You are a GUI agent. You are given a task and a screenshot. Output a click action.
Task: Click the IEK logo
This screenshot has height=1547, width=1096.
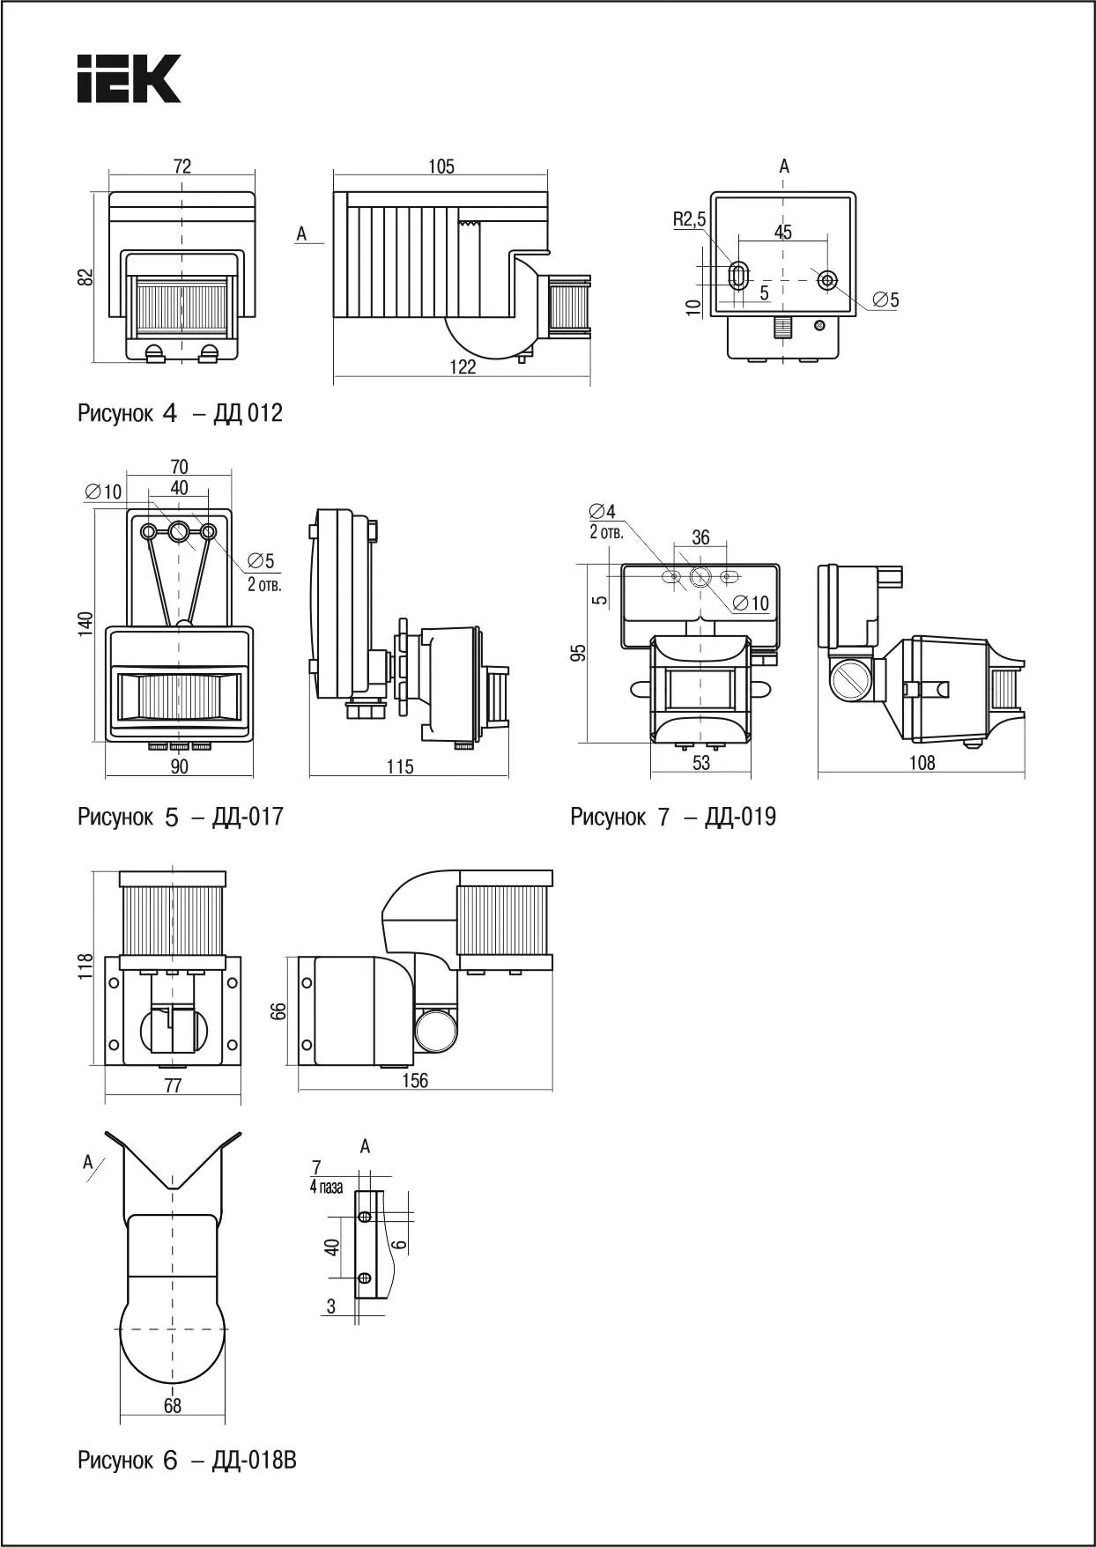click(129, 79)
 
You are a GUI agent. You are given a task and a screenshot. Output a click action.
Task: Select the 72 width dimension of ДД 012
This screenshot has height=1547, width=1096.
click(182, 167)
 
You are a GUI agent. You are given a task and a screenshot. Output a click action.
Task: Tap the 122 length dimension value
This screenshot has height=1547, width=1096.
click(463, 367)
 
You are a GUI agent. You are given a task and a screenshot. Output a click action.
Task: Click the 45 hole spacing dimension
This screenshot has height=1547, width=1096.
click(783, 232)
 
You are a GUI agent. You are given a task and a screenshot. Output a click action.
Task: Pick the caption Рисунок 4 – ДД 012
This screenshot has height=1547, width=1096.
click(180, 413)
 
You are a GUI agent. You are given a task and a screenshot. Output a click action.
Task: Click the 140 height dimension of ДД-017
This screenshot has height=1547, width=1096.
click(85, 624)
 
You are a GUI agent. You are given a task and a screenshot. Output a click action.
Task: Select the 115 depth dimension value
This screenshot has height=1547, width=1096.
click(400, 766)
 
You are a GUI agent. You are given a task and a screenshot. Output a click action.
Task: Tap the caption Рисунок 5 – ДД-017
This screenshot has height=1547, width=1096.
click(181, 817)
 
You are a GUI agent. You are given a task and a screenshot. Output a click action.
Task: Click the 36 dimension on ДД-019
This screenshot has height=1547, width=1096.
click(700, 537)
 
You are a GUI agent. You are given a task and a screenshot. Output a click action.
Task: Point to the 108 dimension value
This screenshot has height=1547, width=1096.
click(922, 763)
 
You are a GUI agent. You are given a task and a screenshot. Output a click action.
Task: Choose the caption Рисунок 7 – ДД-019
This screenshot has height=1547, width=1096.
click(673, 817)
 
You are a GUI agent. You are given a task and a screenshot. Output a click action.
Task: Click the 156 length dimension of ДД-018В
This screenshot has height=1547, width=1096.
click(415, 1080)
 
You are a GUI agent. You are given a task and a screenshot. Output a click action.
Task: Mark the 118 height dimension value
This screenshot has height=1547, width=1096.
click(85, 966)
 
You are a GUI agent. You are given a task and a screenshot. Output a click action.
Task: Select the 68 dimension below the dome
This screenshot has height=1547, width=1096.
click(172, 1406)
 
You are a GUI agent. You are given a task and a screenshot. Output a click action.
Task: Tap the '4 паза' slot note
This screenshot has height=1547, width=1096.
click(326, 1188)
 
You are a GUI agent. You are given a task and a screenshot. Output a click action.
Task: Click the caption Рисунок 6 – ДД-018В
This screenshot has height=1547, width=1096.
click(187, 1461)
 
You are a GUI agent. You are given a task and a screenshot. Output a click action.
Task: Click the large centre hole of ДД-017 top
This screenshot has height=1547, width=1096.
click(180, 531)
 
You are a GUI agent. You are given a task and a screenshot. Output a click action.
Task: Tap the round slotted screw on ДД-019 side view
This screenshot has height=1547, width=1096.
click(850, 681)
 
